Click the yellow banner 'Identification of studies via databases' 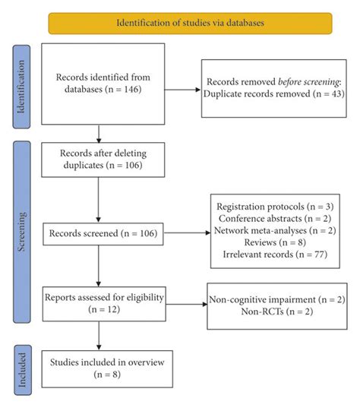point(191,22)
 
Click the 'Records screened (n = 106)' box point(103,233)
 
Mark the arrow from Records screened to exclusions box point(187,233)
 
